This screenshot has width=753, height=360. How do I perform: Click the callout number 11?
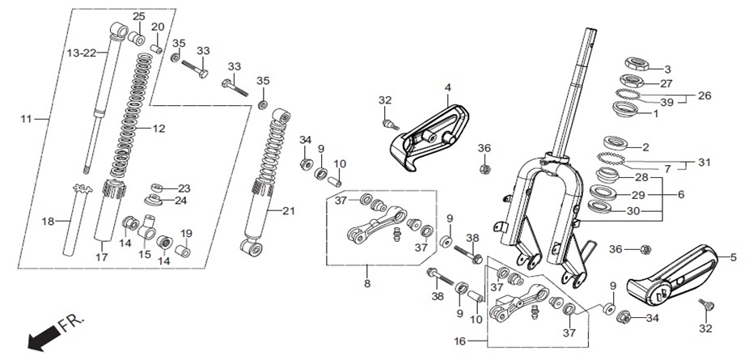point(27,118)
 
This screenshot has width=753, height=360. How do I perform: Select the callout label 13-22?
point(81,53)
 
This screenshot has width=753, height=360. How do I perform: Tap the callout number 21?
point(289,210)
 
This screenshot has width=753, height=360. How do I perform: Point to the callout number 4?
point(448,87)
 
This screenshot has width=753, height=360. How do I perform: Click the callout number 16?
point(460,341)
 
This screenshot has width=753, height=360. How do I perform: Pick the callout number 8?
point(367,284)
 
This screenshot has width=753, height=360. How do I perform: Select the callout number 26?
point(704,95)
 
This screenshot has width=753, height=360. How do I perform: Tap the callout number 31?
point(704,163)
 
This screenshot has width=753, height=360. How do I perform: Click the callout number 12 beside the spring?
point(159,129)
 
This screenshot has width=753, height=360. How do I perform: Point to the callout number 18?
point(48,222)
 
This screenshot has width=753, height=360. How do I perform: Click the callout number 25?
point(139,17)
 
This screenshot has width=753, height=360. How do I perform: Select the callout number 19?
point(186,234)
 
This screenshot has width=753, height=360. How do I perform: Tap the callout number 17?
point(101,257)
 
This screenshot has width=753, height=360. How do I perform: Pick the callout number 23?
point(184,188)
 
